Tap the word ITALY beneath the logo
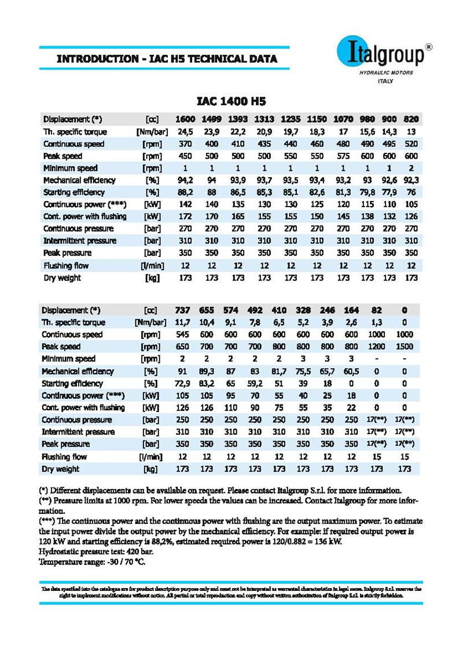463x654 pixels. tap(385, 81)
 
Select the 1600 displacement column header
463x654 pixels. tap(185, 120)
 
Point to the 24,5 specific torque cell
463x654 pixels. tap(185, 132)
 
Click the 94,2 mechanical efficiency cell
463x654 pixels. tap(185, 180)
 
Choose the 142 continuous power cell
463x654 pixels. tap(185, 204)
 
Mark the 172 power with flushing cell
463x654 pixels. tap(185, 216)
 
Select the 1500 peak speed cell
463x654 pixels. tap(405, 347)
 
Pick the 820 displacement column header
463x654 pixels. tap(411, 120)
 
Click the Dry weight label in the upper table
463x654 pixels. tap(63, 278)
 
